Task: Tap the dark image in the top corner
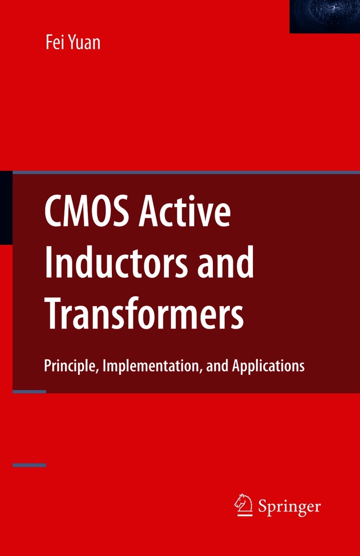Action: (325, 16)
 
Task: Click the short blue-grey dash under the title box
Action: (29, 391)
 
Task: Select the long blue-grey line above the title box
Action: (186, 172)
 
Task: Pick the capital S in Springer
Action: (262, 506)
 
